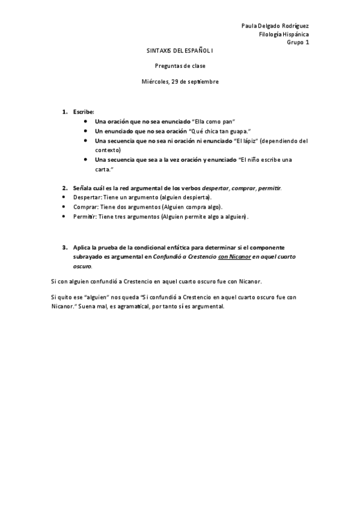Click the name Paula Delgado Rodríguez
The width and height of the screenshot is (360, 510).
[275, 26]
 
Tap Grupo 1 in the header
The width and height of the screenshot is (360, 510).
[297, 43]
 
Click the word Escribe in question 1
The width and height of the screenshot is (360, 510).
[84, 112]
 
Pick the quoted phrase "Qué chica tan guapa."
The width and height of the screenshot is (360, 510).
[220, 131]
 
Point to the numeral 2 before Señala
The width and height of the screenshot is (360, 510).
[64, 188]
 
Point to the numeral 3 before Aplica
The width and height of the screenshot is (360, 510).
[64, 247]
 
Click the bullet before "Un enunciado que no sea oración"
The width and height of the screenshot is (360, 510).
[88, 131]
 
